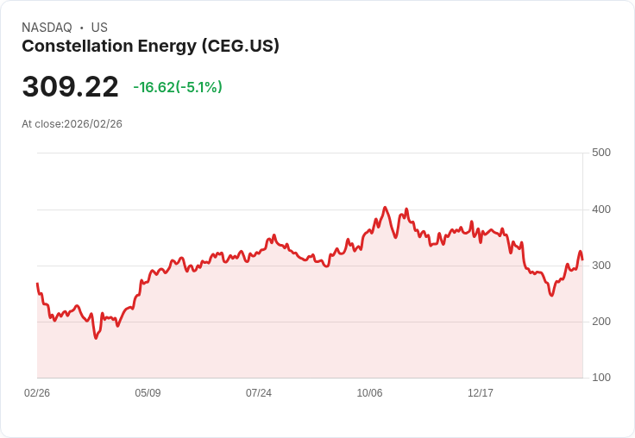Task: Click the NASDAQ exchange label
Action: click(47, 28)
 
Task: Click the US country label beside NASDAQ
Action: click(99, 28)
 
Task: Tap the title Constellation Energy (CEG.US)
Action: click(150, 47)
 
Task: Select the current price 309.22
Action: click(70, 87)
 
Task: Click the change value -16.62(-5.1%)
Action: click(178, 87)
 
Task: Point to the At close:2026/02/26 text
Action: click(72, 124)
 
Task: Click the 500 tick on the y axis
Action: click(600, 153)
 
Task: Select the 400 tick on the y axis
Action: click(600, 210)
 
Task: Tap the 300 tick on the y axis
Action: click(600, 266)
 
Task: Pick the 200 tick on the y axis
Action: click(600, 322)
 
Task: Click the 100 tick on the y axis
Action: click(600, 378)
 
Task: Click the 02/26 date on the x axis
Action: click(37, 393)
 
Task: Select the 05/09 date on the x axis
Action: click(148, 393)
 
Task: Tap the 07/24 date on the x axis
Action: click(259, 393)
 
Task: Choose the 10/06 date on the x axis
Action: click(369, 393)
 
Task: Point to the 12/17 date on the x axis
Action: click(481, 393)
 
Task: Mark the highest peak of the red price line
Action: click(385, 208)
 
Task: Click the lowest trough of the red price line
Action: click(96, 338)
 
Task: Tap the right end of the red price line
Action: click(582, 260)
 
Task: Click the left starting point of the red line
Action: click(37, 284)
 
